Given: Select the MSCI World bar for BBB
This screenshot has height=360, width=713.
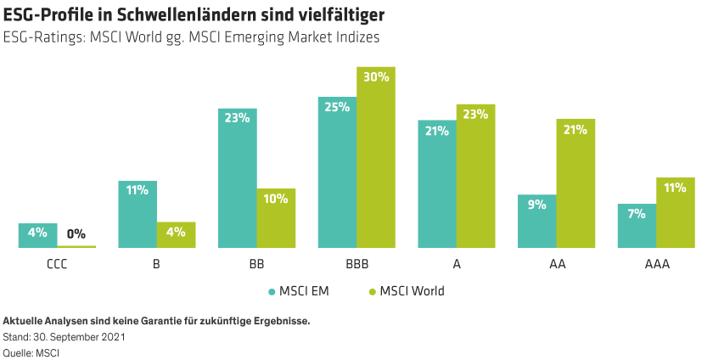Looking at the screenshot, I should click(376, 161).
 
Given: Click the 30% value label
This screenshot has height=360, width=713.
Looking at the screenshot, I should click(376, 77).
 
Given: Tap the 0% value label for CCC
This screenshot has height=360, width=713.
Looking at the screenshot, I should click(76, 233).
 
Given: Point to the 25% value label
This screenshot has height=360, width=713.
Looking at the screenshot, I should click(337, 108).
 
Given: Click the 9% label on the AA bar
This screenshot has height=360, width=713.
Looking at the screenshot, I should click(536, 205).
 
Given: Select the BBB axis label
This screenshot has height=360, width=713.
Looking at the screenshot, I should click(356, 264).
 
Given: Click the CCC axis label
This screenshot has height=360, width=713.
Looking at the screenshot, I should click(57, 264).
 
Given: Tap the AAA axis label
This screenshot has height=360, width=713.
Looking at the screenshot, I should click(656, 264).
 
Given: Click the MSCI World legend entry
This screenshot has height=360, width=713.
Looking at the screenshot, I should click(405, 291).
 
